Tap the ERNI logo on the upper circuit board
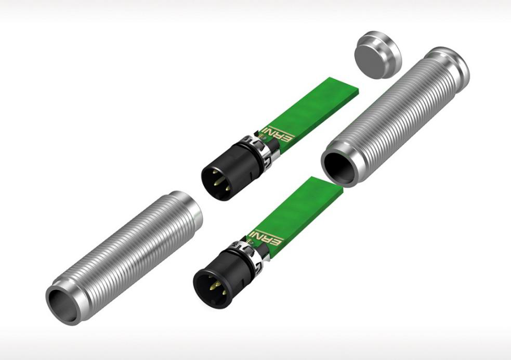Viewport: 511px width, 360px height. (x=279, y=133)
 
